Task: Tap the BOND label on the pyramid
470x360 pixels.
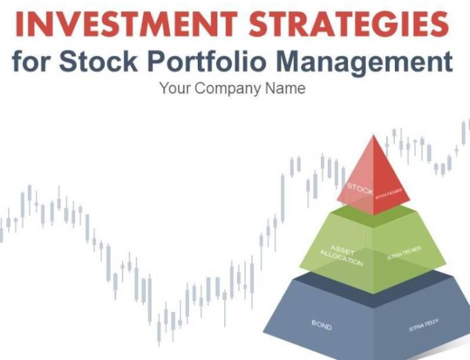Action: point(322,326)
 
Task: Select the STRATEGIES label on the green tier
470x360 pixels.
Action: point(404,254)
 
